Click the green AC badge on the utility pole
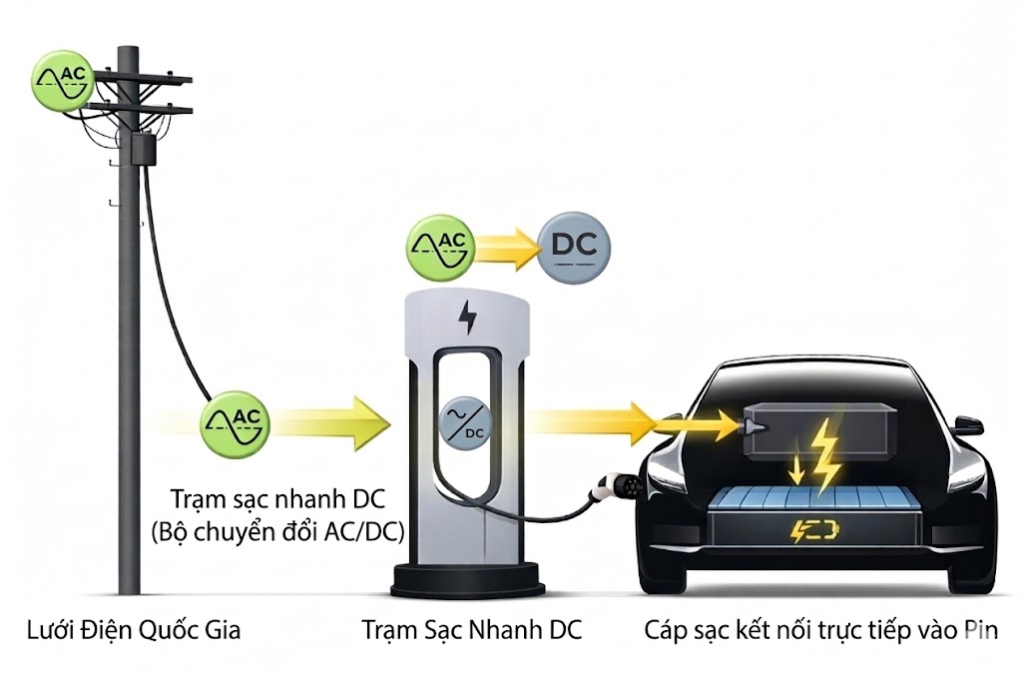coord(63,75)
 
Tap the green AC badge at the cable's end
coord(236,422)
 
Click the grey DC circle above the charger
coord(574,247)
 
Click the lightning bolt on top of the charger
coord(466,318)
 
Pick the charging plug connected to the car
coord(606,485)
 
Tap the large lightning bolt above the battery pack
coord(825,455)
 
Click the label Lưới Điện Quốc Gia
coord(134,631)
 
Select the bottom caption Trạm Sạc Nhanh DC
coord(471,631)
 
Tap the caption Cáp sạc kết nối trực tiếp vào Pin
coord(820,631)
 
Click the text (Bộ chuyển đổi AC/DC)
coord(276,533)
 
